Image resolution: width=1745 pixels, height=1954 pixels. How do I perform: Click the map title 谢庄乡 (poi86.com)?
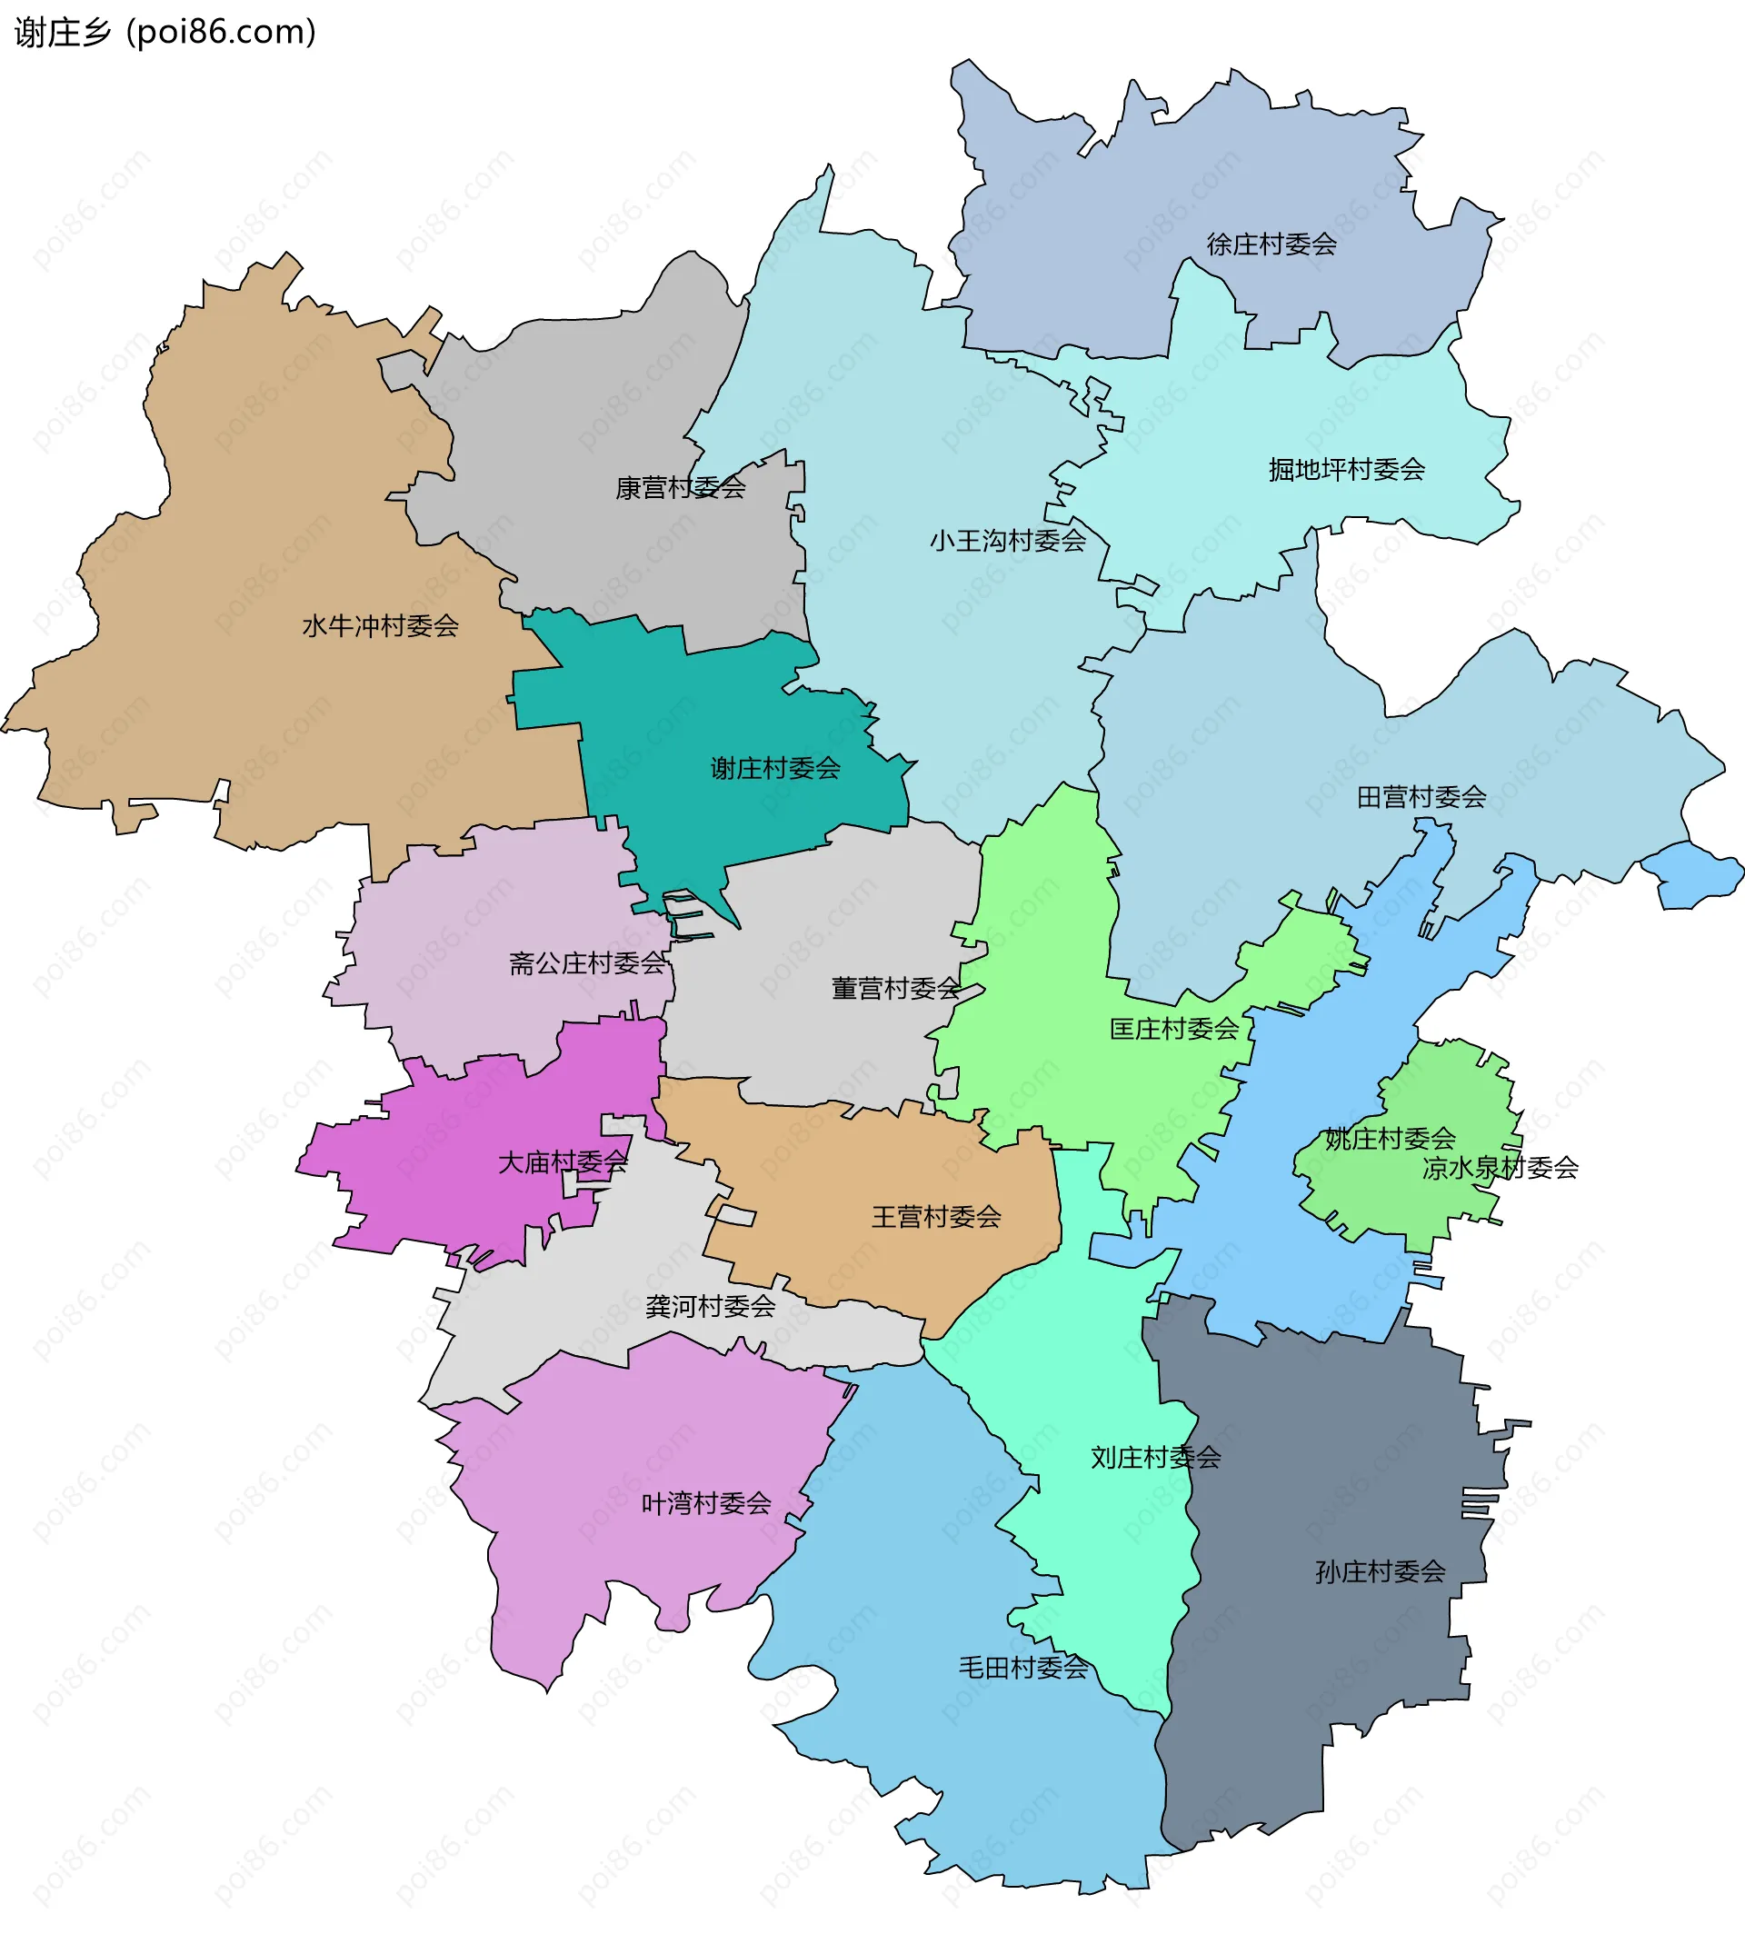click(165, 33)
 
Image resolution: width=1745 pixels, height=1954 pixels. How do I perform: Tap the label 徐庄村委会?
click(1271, 244)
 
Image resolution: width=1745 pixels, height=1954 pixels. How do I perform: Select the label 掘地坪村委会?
click(1346, 470)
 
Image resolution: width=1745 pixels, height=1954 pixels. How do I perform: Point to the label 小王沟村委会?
click(1007, 542)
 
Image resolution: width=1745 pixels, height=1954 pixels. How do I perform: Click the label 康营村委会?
click(680, 488)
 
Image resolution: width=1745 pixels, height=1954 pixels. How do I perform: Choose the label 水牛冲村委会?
click(380, 626)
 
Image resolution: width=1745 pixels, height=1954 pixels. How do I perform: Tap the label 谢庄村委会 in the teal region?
click(774, 769)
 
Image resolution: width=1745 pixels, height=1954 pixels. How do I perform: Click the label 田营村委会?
click(1421, 798)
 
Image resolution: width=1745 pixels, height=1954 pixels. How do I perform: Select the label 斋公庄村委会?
click(587, 963)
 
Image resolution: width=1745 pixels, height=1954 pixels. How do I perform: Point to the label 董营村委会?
click(895, 989)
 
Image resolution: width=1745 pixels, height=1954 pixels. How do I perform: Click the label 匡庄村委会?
click(1173, 1030)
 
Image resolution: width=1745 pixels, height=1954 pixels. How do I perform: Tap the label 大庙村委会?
click(562, 1163)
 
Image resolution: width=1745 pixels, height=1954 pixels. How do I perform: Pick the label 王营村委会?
click(936, 1218)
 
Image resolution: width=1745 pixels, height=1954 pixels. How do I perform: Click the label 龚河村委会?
click(710, 1307)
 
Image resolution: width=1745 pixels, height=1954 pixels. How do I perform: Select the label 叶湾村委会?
click(705, 1503)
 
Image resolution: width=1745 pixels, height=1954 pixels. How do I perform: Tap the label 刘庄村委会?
click(1155, 1459)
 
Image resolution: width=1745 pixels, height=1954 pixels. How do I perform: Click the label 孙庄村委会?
click(1380, 1572)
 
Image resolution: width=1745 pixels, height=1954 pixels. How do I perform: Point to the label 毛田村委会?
click(1023, 1669)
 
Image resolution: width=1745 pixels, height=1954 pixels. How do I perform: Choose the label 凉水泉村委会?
click(1501, 1169)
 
